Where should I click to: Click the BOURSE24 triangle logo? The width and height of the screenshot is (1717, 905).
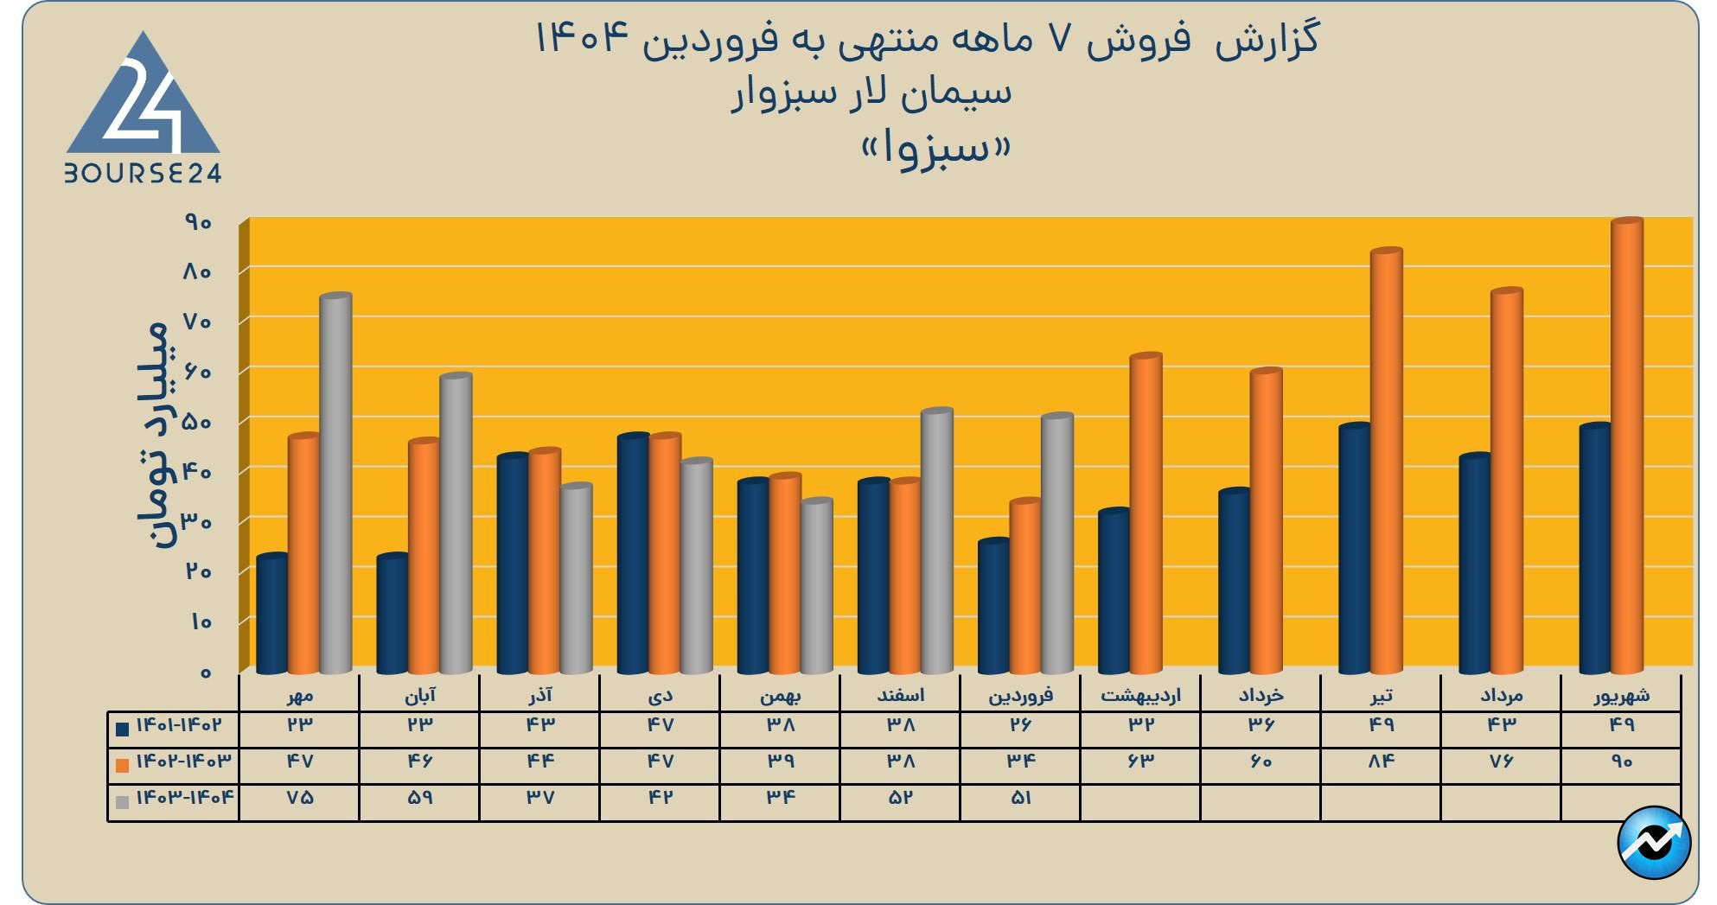click(x=144, y=108)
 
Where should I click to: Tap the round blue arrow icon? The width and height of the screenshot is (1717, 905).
click(x=1653, y=842)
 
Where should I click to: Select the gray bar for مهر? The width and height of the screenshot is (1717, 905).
click(x=335, y=484)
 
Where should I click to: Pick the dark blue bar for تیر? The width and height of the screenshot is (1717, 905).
click(x=1354, y=549)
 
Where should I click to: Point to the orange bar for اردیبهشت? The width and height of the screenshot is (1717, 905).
click(x=1146, y=514)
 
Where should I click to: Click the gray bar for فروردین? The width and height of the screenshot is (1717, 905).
click(x=1056, y=545)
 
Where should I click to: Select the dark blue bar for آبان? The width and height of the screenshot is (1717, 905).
click(x=393, y=614)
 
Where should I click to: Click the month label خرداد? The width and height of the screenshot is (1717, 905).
click(x=1261, y=695)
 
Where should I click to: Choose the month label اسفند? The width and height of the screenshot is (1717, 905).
click(x=900, y=695)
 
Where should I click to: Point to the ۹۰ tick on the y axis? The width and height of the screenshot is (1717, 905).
click(x=198, y=223)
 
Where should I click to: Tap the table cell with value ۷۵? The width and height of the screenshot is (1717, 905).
click(x=299, y=798)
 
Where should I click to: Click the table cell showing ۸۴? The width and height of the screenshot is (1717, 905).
click(x=1381, y=762)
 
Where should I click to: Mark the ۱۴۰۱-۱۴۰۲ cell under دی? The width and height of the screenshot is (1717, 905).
click(x=660, y=725)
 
